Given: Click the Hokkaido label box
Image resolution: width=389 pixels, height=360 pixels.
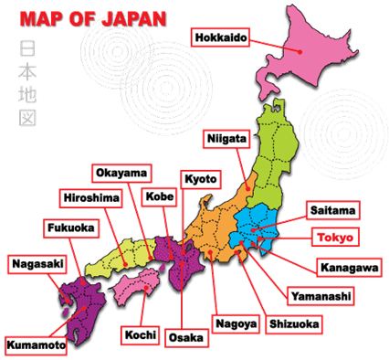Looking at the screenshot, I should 220,37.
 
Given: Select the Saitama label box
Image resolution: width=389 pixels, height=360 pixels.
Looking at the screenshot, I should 330,210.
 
